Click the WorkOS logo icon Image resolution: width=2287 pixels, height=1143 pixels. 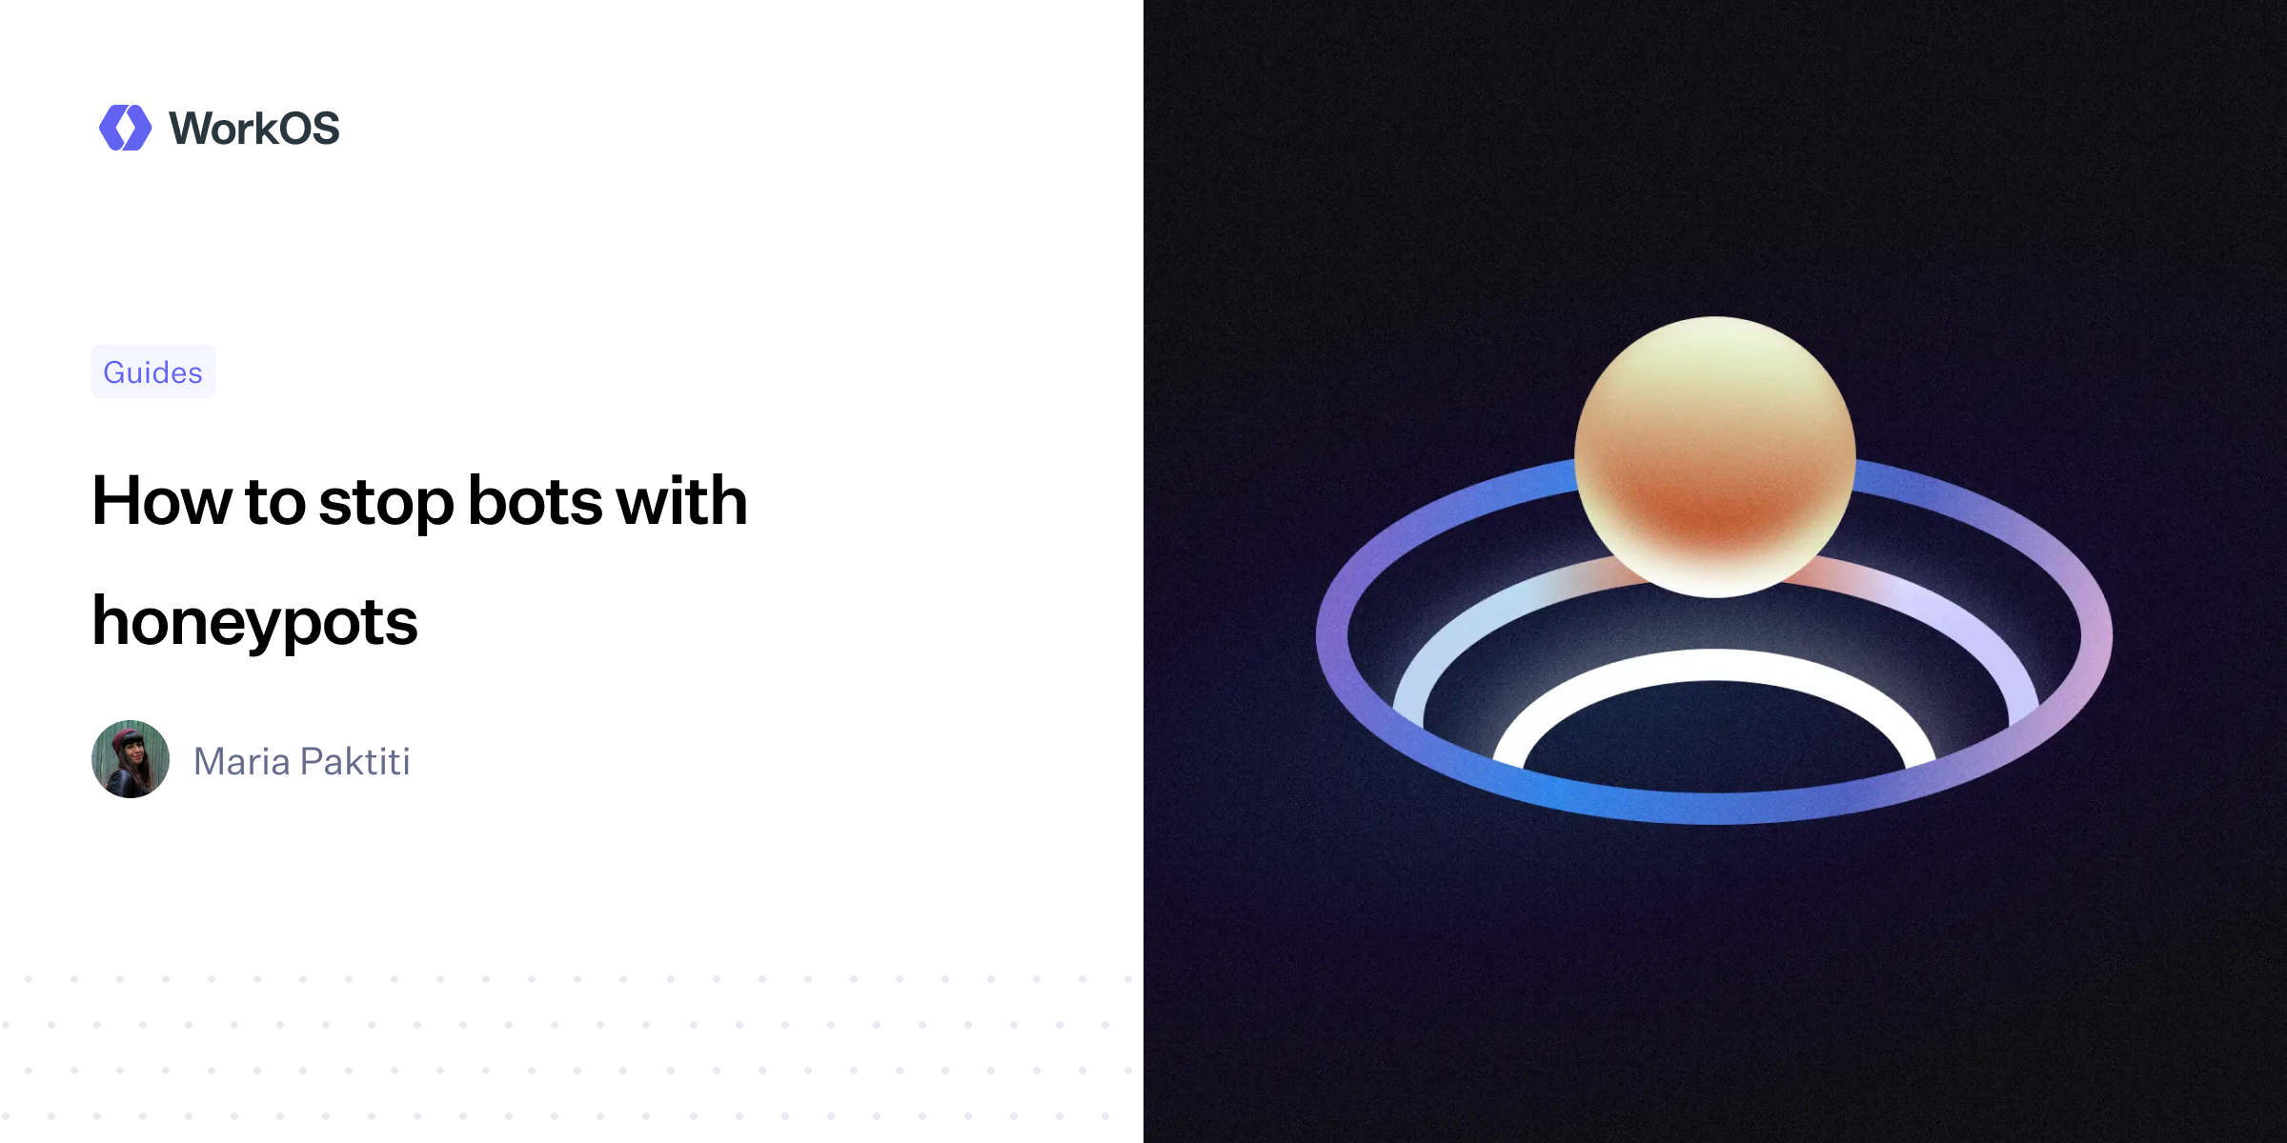pyautogui.click(x=125, y=128)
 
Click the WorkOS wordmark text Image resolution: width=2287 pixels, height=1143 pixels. pyautogui.click(x=253, y=129)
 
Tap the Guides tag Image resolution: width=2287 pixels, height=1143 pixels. pyautogui.click(x=152, y=372)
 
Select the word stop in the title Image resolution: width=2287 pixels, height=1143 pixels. pyautogui.click(x=386, y=503)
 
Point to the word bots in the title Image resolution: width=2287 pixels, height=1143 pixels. pyautogui.click(x=535, y=501)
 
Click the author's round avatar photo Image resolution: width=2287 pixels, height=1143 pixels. pyautogui.click(x=131, y=759)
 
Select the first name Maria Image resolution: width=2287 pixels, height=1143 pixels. pyautogui.click(x=242, y=762)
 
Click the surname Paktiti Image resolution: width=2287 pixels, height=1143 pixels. pyautogui.click(x=355, y=762)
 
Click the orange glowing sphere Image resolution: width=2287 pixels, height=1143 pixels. pyautogui.click(x=1715, y=457)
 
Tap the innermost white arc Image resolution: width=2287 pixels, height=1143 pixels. pyautogui.click(x=1715, y=665)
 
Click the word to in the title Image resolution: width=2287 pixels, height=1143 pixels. pyautogui.click(x=275, y=503)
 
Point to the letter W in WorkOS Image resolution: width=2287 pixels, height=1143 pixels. pyautogui.click(x=193, y=129)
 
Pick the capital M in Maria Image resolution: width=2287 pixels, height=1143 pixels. pyautogui.click(x=210, y=762)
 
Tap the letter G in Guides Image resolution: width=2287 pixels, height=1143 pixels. pyautogui.click(x=115, y=372)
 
